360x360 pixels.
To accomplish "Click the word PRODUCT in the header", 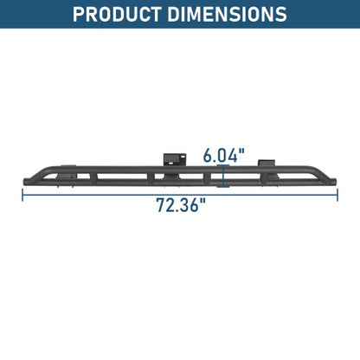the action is tap(117, 14).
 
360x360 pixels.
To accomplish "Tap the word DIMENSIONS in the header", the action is tap(228, 14).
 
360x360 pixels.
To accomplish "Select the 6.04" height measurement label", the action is tap(224, 156).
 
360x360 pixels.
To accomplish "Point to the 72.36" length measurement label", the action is tap(182, 205).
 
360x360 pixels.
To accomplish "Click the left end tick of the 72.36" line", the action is tap(22, 195).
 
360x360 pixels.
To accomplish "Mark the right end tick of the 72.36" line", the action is tap(337, 195).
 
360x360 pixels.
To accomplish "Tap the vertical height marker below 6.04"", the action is tap(223, 176).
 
